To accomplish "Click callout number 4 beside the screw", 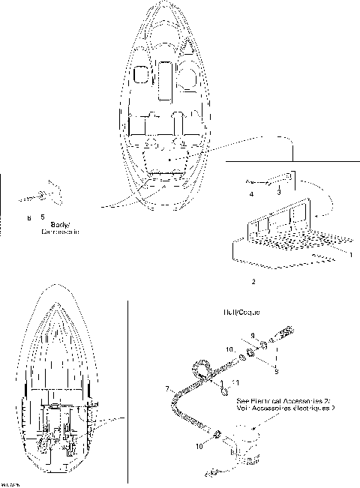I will tap(251, 194).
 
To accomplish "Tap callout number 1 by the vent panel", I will tap(351, 255).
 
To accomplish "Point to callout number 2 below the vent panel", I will tap(253, 283).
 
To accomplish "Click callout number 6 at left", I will tap(29, 217).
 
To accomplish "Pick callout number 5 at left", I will tap(42, 217).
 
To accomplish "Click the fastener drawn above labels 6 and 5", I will tap(41, 196).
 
